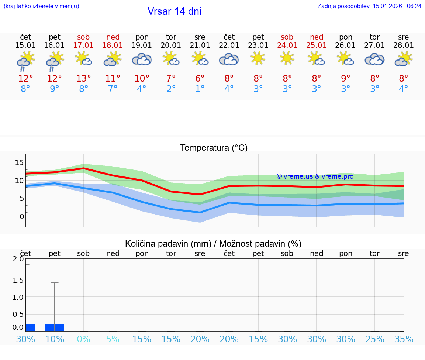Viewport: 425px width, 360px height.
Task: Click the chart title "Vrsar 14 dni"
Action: tap(174, 11)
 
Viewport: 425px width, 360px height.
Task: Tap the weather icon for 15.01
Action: tap(25, 60)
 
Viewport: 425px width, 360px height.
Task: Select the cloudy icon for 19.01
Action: tap(142, 59)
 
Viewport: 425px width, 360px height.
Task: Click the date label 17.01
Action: tap(84, 45)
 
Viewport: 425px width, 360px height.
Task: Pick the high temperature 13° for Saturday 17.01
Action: tap(84, 78)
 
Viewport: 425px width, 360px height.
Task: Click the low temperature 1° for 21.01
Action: tap(200, 89)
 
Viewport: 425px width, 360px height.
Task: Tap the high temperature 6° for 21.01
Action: tap(200, 78)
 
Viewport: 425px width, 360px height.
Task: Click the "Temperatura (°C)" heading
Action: tap(214, 148)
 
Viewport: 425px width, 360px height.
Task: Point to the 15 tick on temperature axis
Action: tap(19, 162)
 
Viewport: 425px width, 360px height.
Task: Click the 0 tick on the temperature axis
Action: tap(21, 216)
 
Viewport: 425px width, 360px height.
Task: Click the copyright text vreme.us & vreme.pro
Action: tap(315, 176)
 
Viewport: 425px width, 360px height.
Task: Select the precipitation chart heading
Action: tap(213, 244)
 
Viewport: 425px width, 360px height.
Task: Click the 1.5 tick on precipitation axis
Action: tap(18, 280)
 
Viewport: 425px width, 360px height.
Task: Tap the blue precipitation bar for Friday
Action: tap(55, 328)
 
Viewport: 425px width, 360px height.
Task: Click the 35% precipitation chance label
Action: tap(404, 339)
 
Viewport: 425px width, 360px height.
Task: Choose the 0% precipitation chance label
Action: tap(84, 339)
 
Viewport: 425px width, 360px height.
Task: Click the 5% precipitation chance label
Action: tap(113, 339)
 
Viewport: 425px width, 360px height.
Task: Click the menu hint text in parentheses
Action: tap(41, 6)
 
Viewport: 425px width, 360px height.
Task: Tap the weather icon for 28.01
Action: tap(404, 59)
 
